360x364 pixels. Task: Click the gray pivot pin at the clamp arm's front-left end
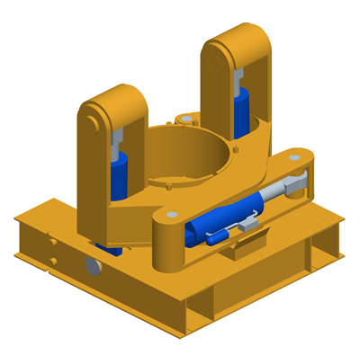coord(170,216)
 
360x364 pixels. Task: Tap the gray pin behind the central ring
coord(185,119)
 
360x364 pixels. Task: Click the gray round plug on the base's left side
coord(93,267)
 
